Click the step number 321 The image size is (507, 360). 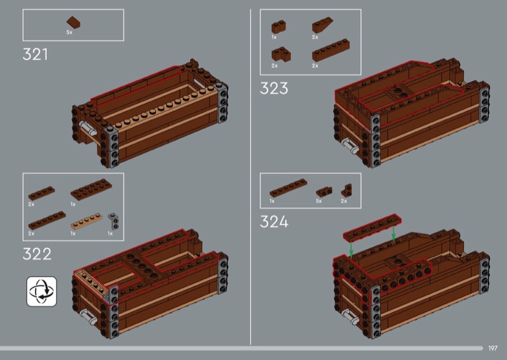pyautogui.click(x=35, y=54)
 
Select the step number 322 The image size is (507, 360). pyautogui.click(x=37, y=254)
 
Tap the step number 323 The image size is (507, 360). pyautogui.click(x=274, y=88)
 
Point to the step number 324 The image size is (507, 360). pyautogui.click(x=274, y=222)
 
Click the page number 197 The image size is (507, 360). pyautogui.click(x=493, y=348)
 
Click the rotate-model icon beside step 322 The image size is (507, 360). pyautogui.click(x=42, y=292)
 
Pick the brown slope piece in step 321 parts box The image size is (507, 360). pyautogui.click(x=74, y=22)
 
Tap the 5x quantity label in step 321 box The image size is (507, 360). pyautogui.click(x=70, y=32)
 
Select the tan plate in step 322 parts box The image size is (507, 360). pyautogui.click(x=87, y=221)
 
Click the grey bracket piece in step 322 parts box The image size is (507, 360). pyautogui.click(x=113, y=221)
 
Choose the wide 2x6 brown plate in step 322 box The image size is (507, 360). pyautogui.click(x=91, y=190)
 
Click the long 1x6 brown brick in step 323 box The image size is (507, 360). pyautogui.click(x=331, y=50)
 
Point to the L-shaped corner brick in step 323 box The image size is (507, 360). pyautogui.click(x=281, y=54)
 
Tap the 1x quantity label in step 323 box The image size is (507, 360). pyautogui.click(x=274, y=37)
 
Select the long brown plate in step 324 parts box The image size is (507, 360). pyautogui.click(x=288, y=188)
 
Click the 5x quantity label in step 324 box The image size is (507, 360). pyautogui.click(x=319, y=201)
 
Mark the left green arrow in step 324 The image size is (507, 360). pyautogui.click(x=352, y=250)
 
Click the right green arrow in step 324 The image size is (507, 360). pyautogui.click(x=394, y=233)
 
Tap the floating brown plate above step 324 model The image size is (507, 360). pyautogui.click(x=372, y=228)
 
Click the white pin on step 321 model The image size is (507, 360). pyautogui.click(x=88, y=129)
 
